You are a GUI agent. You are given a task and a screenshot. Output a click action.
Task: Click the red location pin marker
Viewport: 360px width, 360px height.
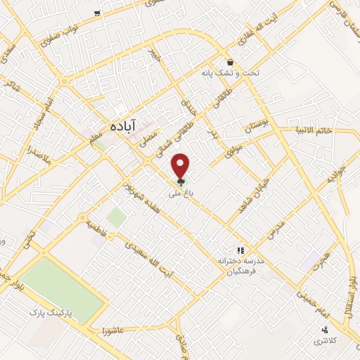[x=181, y=165]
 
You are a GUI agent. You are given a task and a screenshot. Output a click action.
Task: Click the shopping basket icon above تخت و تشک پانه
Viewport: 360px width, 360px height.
[x=230, y=62]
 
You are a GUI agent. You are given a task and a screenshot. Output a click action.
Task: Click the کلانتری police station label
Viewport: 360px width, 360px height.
[x=324, y=340]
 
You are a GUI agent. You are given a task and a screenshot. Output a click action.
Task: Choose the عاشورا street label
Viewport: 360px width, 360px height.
[x=112, y=330]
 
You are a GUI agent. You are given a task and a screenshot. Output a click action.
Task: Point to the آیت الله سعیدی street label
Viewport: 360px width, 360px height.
[x=146, y=257]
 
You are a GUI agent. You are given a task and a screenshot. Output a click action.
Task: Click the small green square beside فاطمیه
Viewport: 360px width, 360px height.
[x=116, y=217]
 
